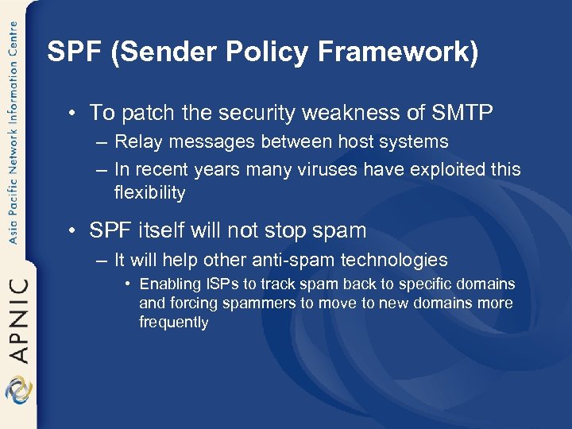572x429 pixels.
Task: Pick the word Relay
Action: click(137, 142)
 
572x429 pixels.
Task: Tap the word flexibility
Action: click(150, 192)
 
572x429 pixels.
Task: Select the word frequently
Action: click(173, 323)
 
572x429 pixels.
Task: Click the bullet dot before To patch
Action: click(72, 114)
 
